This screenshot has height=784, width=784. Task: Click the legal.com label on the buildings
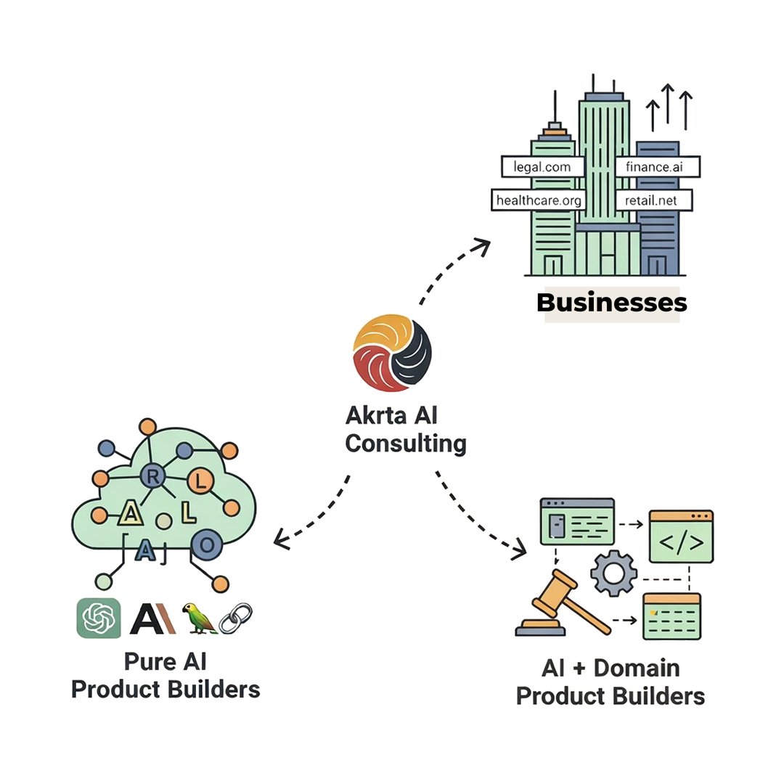(x=542, y=166)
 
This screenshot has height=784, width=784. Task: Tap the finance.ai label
(x=658, y=166)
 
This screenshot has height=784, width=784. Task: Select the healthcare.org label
(x=538, y=200)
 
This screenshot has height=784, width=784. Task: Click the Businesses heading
(x=611, y=302)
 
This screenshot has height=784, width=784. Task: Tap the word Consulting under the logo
(x=406, y=443)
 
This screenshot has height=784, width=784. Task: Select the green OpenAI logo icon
(x=99, y=618)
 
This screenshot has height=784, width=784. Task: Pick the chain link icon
(x=235, y=618)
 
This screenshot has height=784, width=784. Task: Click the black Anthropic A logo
(x=152, y=618)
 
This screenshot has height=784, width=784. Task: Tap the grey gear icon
(x=613, y=573)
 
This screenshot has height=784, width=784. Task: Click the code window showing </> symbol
(x=681, y=537)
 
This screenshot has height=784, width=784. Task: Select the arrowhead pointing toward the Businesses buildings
(x=481, y=245)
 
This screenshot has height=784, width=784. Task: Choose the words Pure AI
(x=166, y=661)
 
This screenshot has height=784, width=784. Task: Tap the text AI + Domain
(x=611, y=668)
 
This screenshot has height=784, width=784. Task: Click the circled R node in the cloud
(x=152, y=477)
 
